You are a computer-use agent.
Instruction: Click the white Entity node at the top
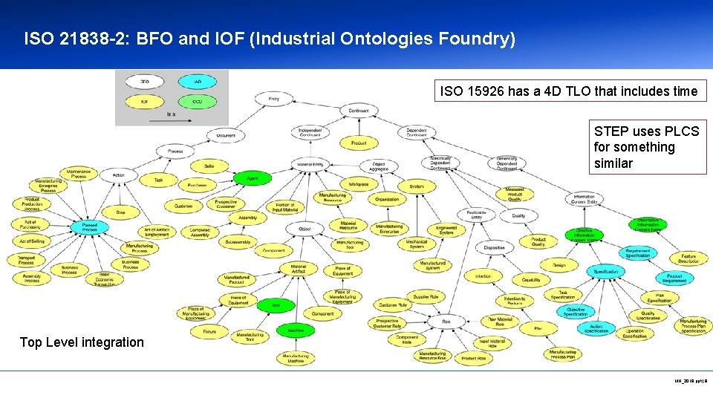click(274, 98)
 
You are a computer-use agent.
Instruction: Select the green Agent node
click(253, 178)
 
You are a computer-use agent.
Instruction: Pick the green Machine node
click(295, 330)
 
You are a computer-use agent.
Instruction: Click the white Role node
click(446, 322)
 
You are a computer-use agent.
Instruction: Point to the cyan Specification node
click(605, 272)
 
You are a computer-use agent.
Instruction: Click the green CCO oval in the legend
click(197, 100)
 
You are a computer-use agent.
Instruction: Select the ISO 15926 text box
click(569, 91)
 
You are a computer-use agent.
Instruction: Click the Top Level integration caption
click(82, 342)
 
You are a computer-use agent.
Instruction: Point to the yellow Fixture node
click(209, 331)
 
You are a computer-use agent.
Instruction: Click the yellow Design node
click(559, 264)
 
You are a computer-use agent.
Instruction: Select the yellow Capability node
click(531, 280)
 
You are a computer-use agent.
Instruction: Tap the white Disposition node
click(494, 248)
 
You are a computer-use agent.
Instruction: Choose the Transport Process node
click(26, 260)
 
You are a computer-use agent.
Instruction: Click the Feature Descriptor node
click(688, 258)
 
